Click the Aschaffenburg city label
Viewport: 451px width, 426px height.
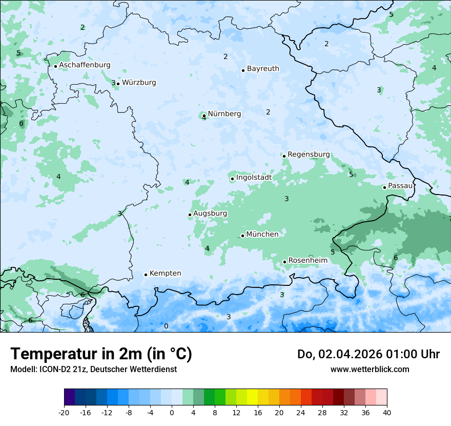(85, 65)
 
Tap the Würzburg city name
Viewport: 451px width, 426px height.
(139, 83)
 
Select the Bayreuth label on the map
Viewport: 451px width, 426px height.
(263, 69)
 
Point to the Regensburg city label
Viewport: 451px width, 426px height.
(309, 154)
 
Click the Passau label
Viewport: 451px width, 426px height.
(400, 186)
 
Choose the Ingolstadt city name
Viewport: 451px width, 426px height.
(254, 178)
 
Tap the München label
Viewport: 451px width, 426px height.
(262, 235)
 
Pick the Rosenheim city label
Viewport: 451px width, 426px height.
(307, 261)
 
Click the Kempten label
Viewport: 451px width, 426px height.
(165, 274)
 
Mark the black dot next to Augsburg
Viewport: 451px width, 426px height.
(190, 215)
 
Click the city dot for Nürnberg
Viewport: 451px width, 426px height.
(204, 115)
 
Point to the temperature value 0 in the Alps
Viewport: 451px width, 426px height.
(166, 326)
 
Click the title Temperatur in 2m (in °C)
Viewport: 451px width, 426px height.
(101, 354)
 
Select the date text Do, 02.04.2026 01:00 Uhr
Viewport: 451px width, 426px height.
(368, 354)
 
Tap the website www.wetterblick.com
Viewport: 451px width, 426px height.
(370, 370)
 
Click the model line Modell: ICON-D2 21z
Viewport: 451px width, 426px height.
(93, 370)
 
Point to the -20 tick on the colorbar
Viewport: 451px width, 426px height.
(64, 412)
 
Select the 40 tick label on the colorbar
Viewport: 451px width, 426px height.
(386, 412)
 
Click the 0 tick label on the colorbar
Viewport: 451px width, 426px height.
(172, 412)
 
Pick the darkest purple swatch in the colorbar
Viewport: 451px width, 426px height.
(69, 397)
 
